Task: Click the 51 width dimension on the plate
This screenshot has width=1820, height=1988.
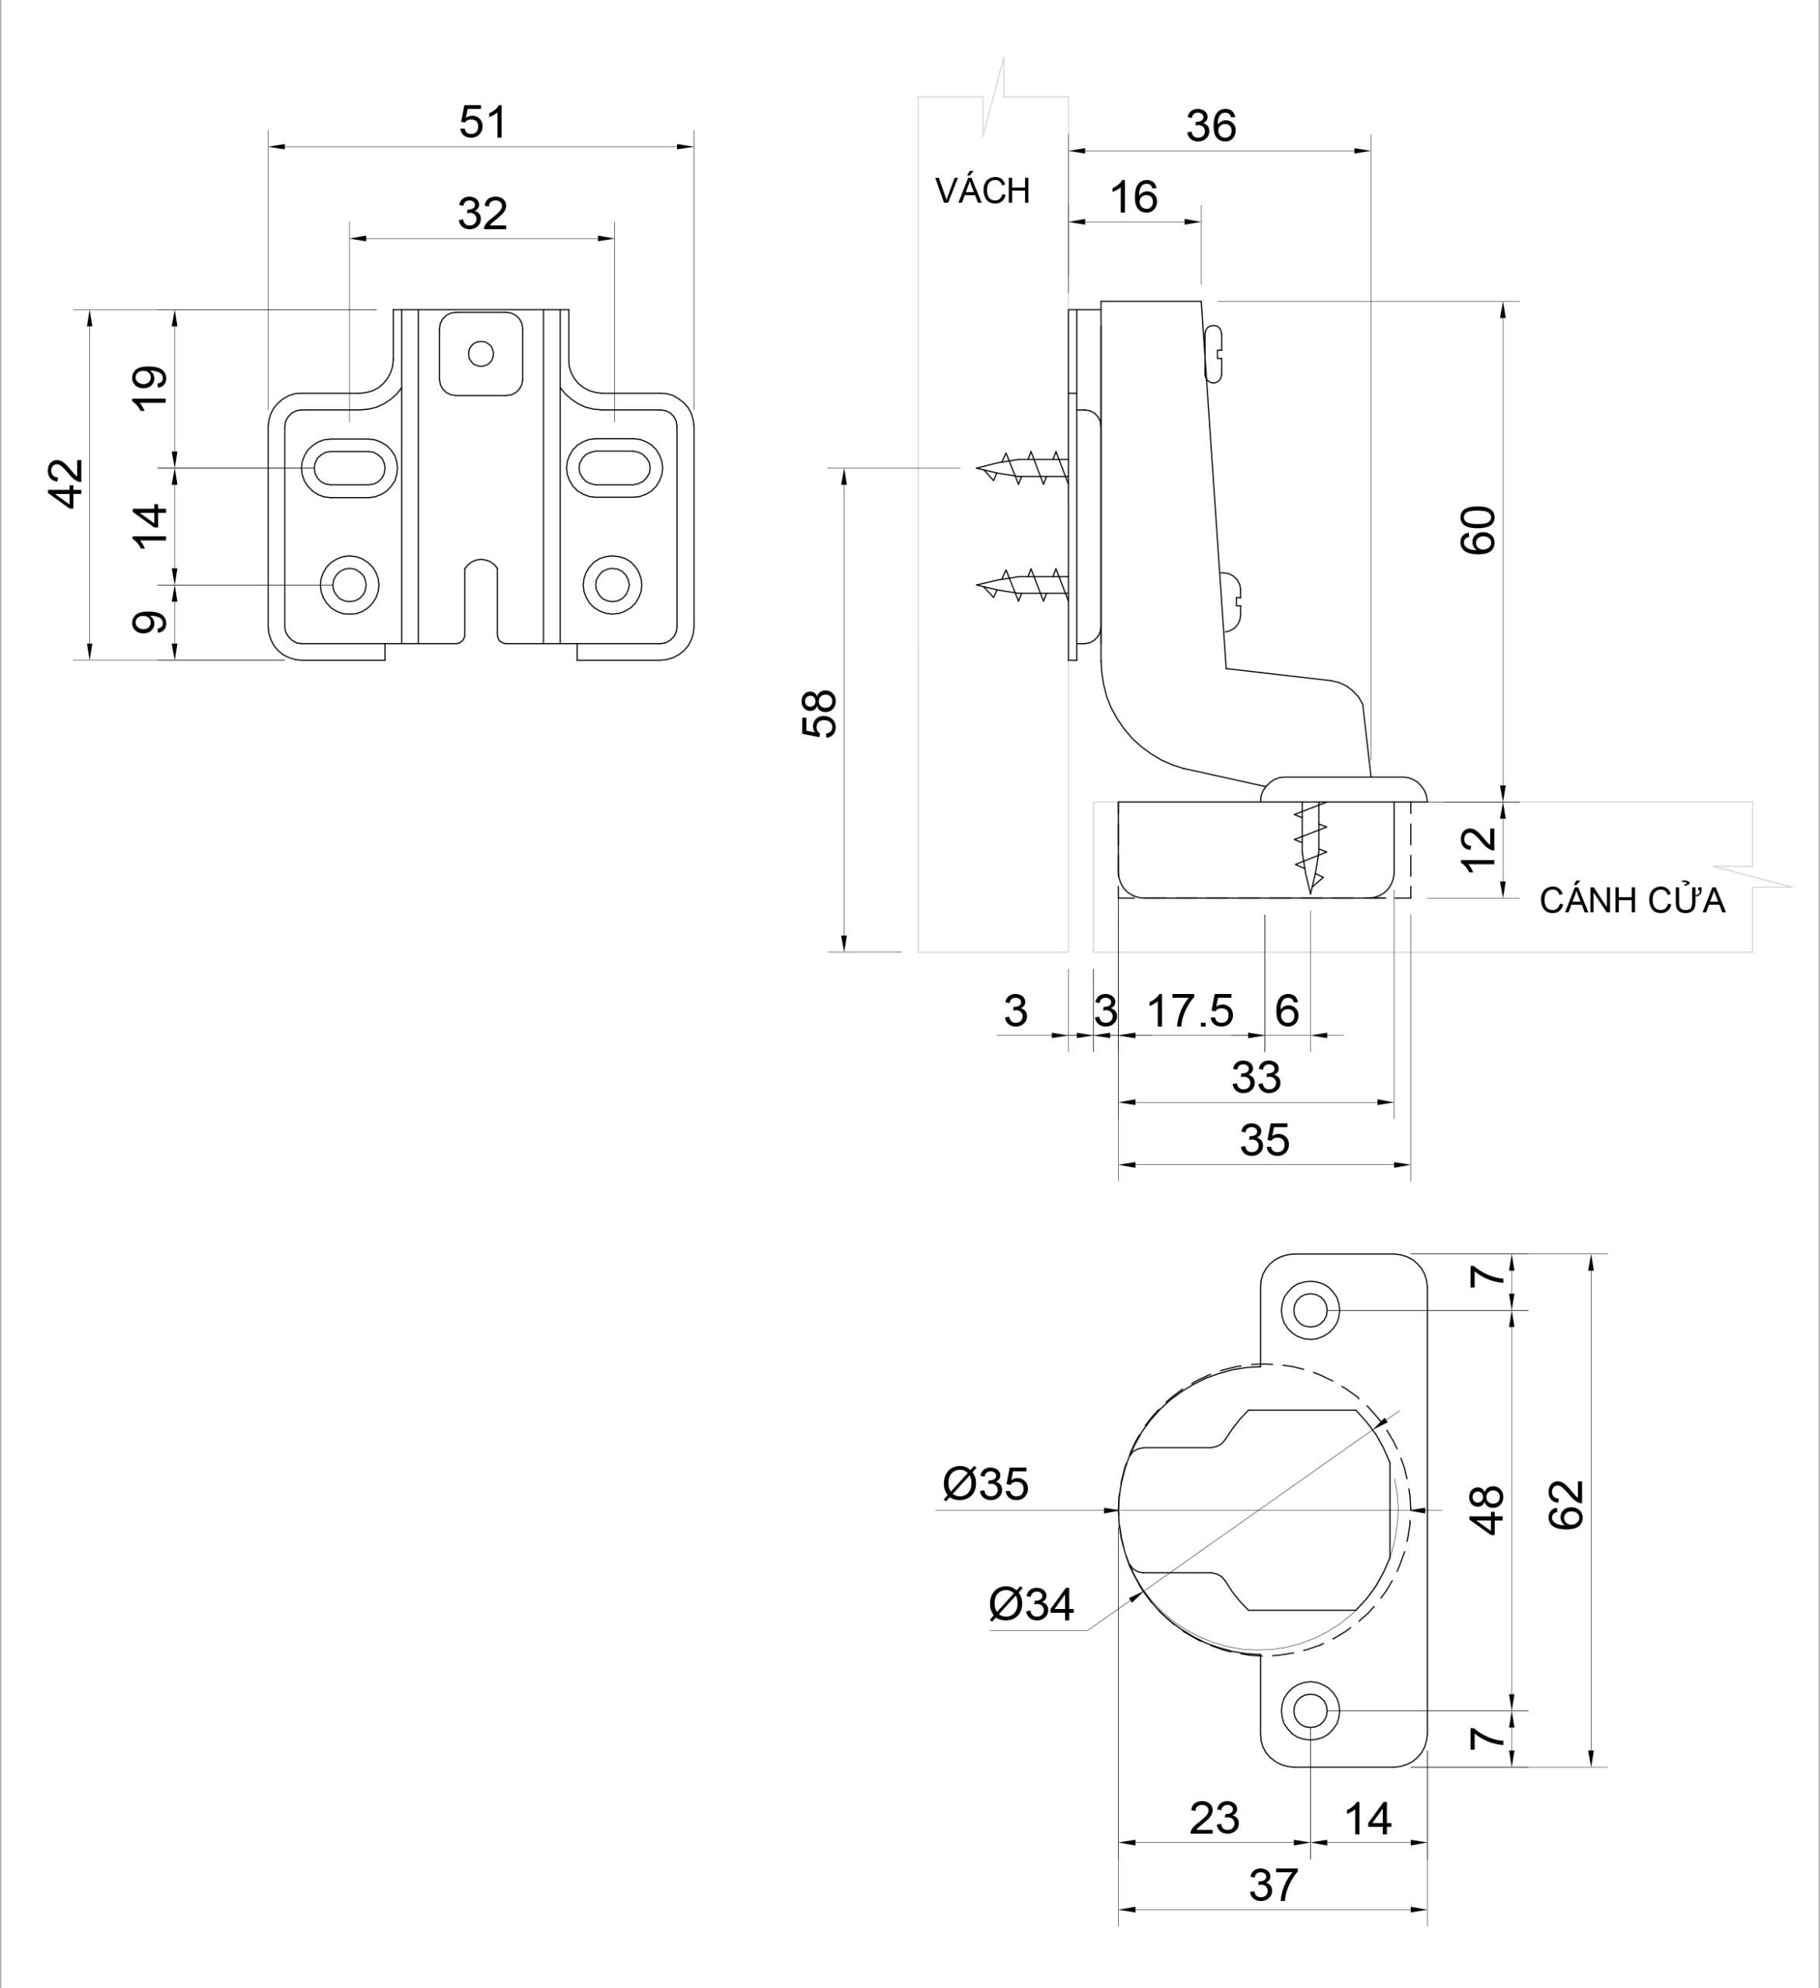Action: coord(482,122)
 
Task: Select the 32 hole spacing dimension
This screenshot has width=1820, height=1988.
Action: coord(482,213)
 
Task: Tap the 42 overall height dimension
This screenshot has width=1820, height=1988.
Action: coord(67,483)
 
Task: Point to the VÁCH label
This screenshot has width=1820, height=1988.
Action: coord(982,190)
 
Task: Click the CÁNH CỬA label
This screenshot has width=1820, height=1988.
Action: coord(1631,900)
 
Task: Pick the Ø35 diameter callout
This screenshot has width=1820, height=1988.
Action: coord(985,1484)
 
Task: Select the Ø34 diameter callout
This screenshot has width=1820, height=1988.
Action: coord(1030,1605)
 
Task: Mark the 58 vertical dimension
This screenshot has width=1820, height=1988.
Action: coord(819,714)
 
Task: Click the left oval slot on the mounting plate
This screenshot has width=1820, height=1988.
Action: coord(349,467)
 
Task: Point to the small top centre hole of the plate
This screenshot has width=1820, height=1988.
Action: coord(480,353)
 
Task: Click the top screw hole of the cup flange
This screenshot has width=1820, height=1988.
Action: coord(1309,1309)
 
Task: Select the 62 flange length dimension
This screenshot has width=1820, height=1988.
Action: coord(1565,1505)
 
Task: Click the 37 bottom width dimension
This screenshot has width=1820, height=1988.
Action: coord(1272,1885)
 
